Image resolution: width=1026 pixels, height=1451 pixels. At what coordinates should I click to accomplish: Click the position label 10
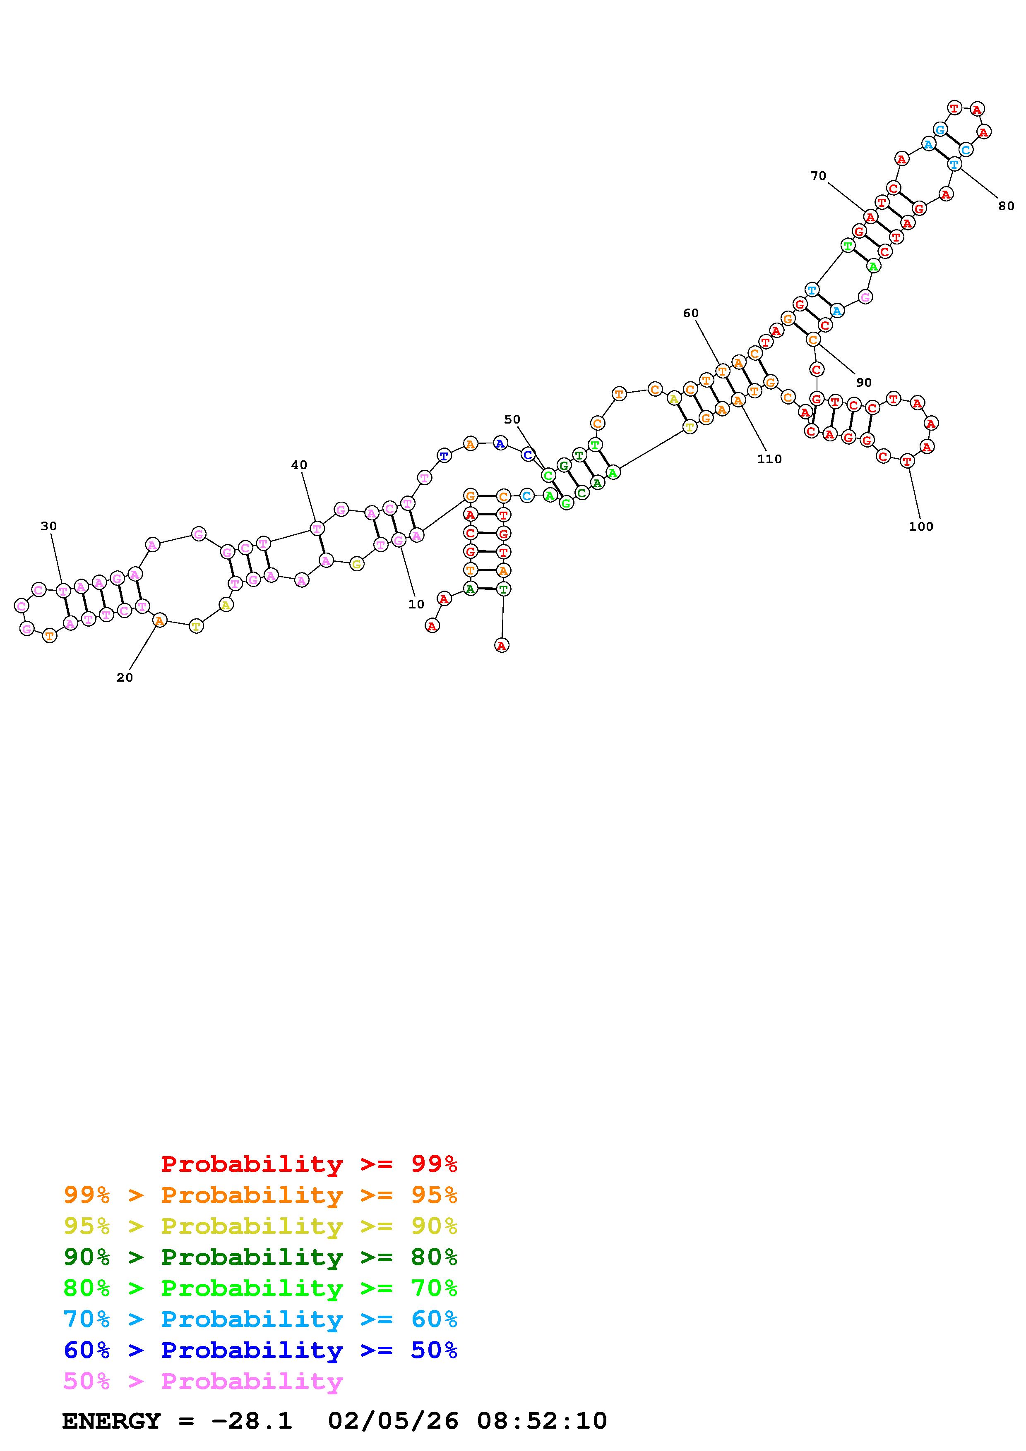point(416,604)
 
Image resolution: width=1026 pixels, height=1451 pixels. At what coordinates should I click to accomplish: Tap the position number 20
point(125,678)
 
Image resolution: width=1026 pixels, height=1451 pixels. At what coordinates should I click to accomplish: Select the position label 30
point(49,526)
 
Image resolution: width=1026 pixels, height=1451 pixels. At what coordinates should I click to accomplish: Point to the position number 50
point(512,419)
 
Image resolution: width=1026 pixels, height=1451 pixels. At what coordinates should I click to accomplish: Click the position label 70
point(818,176)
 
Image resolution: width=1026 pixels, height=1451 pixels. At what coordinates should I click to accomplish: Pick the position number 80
point(1006,206)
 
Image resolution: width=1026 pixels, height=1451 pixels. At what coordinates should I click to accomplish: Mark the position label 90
point(863,382)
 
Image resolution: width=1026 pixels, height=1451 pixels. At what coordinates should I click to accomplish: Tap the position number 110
point(769,460)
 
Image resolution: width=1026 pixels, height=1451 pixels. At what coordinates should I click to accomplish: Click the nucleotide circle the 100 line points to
point(907,461)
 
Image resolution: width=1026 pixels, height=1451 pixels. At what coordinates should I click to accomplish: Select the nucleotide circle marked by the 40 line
point(317,528)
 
